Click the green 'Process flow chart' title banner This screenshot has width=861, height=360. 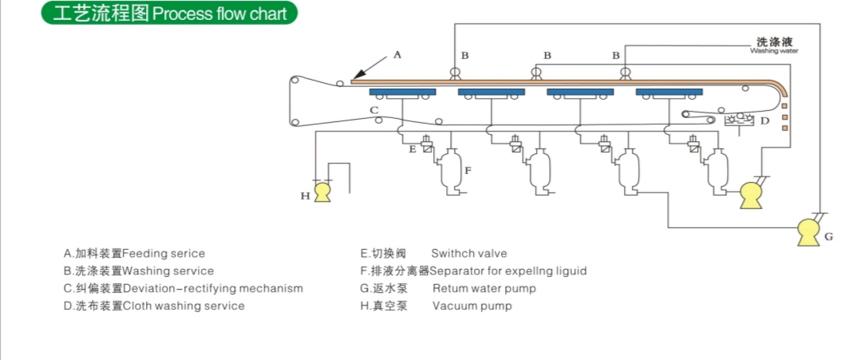(x=168, y=14)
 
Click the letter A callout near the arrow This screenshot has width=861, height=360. (x=397, y=55)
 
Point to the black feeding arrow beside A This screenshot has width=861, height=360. (x=368, y=69)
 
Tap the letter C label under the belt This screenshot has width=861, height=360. (x=373, y=110)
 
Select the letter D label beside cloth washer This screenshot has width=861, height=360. (x=764, y=121)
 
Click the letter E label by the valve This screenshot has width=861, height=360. (x=412, y=148)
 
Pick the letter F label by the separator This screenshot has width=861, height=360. (x=468, y=170)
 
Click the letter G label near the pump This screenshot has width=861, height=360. (x=829, y=237)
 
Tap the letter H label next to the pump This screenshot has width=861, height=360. (x=304, y=195)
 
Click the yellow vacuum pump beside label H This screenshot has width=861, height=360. (x=322, y=192)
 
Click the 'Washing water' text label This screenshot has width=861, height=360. (x=774, y=51)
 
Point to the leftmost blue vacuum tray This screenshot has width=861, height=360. (x=402, y=92)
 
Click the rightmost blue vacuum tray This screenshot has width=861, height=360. (x=669, y=92)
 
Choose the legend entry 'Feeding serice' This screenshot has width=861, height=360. (x=134, y=254)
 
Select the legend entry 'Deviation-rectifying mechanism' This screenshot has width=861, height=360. (x=183, y=288)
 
